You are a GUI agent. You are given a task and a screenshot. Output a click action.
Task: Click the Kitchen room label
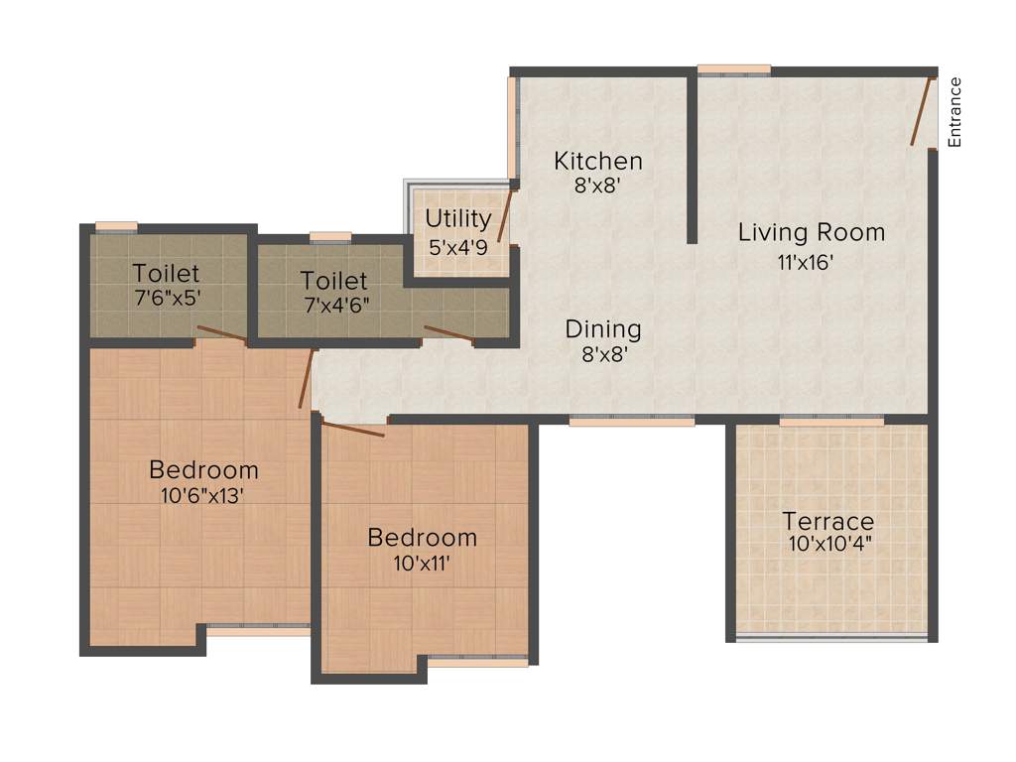(597, 160)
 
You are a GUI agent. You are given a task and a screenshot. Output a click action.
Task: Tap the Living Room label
(811, 232)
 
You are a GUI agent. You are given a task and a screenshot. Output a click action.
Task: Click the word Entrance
(954, 112)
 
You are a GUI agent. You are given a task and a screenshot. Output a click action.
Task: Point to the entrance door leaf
(922, 110)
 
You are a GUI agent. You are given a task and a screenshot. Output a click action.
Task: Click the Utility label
(458, 218)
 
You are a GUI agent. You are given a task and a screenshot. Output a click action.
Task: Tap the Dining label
(603, 328)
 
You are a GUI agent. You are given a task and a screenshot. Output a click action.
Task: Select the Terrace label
(828, 521)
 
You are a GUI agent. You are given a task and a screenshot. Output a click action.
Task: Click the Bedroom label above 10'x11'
(422, 537)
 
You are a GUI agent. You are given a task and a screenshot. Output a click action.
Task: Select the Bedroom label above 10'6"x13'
(203, 469)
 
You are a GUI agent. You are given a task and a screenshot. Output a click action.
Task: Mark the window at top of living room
(733, 69)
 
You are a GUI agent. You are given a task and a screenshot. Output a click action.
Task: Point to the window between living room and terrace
(830, 421)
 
